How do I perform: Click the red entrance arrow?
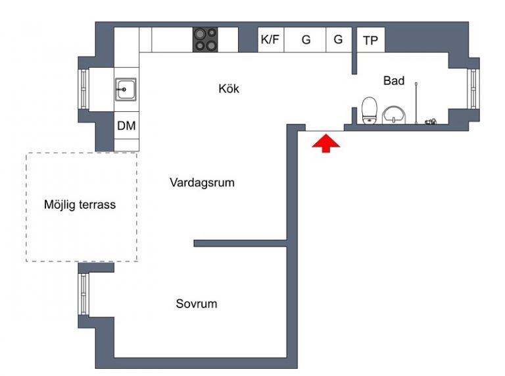coord(326,143)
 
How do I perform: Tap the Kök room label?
coord(229,88)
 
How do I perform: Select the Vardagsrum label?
coord(202,182)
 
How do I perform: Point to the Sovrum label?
coord(197,304)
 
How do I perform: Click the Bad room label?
coord(394,80)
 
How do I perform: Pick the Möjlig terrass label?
coord(80,204)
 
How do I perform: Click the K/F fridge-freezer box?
coord(270,40)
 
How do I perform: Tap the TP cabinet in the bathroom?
coord(371,40)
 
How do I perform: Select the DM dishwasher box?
coord(126,125)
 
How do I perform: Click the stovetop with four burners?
coord(205,40)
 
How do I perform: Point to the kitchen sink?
coord(126,90)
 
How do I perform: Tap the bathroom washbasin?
coord(394,115)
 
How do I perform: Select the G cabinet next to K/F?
coord(305,40)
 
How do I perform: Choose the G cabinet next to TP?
coord(339,40)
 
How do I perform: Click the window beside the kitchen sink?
coord(84,89)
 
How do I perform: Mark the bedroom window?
coord(84,294)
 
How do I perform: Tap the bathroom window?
coord(473,89)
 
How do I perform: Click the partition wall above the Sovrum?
coord(240,244)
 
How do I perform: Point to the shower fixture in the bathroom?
coord(416,103)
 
